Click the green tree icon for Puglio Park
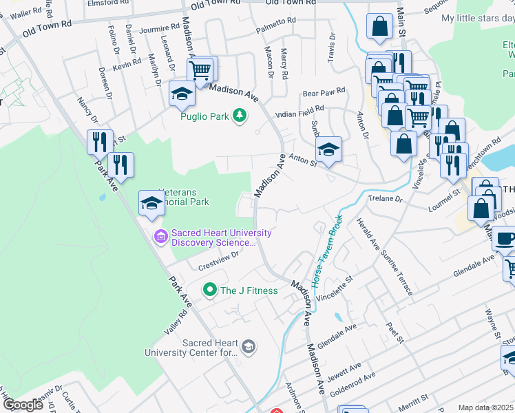tap(240, 116)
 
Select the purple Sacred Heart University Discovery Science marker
tap(161, 237)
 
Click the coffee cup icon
tap(505, 240)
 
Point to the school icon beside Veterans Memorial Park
tap(151, 203)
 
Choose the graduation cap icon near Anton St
tap(328, 149)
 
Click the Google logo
tap(22, 405)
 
